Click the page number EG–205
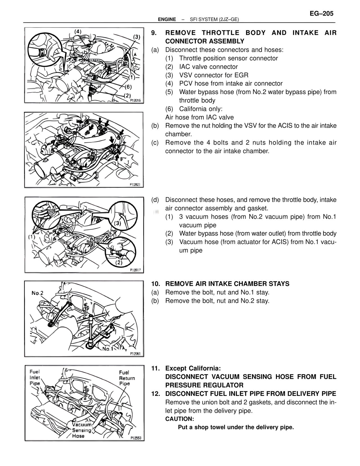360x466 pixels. [x=321, y=13]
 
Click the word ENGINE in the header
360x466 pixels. [x=167, y=19]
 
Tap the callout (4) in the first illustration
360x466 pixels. [x=78, y=32]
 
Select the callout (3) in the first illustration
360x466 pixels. [x=137, y=37]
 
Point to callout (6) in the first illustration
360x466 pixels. [x=128, y=86]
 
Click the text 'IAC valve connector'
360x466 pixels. [x=208, y=67]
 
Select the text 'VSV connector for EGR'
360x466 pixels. [x=213, y=75]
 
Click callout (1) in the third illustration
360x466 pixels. [x=31, y=237]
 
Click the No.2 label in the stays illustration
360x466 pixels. [x=37, y=293]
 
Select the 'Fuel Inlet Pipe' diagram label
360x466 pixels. [x=35, y=377]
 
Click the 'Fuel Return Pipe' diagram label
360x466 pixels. [x=127, y=378]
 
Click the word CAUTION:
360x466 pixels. [x=179, y=419]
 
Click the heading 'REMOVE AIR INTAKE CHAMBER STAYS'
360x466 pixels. [x=227, y=284]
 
